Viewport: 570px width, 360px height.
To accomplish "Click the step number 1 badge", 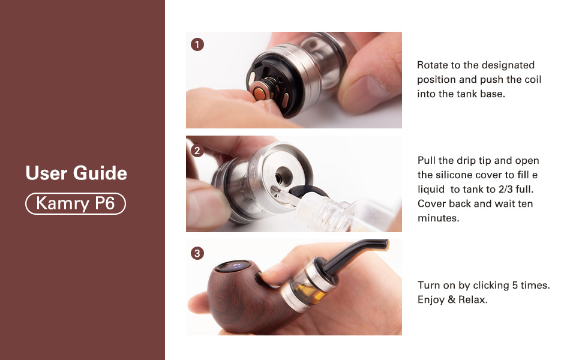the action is [x=197, y=45].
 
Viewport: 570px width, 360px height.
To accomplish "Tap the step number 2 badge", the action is [x=197, y=151].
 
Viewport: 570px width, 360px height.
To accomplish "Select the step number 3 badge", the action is [x=197, y=253].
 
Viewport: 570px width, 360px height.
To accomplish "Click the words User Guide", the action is [x=76, y=173].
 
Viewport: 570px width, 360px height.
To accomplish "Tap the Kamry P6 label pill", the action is [x=76, y=203].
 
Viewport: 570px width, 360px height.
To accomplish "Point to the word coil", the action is [x=532, y=80].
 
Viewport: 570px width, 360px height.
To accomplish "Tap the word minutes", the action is [x=439, y=218].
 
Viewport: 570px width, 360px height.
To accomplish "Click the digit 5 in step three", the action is [x=515, y=286].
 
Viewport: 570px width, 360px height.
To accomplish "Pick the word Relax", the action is [x=473, y=300].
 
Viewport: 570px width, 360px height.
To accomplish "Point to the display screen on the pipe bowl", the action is [x=233, y=266].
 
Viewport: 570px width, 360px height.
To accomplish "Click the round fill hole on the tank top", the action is [x=284, y=175].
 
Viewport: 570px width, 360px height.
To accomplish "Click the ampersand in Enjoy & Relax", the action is [x=451, y=300].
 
